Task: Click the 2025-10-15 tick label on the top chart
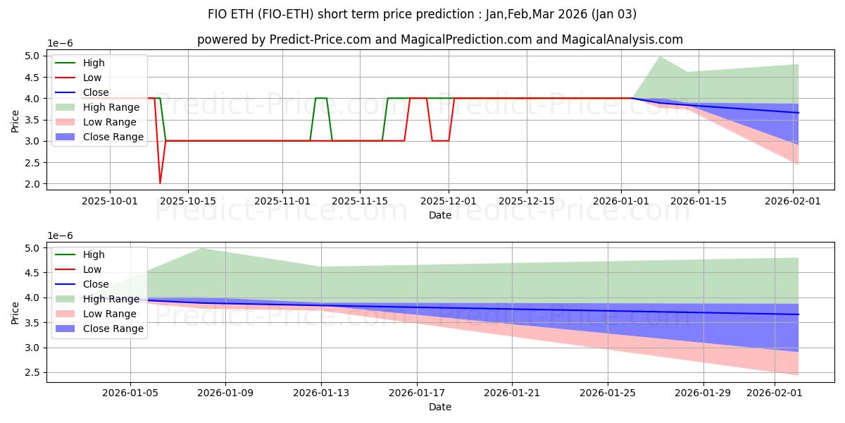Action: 188,202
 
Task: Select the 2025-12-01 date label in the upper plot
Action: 449,202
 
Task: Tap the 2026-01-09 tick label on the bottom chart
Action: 225,393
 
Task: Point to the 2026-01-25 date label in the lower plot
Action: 608,393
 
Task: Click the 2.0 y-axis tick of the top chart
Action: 32,184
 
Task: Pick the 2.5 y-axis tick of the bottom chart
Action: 32,373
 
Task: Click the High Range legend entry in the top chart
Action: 97,107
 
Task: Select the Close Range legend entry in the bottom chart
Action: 99,329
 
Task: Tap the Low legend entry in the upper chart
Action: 78,78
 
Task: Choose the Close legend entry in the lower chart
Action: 82,284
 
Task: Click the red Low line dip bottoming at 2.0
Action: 160,183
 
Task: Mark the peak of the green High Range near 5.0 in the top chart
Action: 659,56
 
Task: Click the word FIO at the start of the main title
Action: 218,14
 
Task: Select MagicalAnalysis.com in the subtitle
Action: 622,39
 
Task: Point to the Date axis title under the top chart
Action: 440,215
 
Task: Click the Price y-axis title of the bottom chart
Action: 15,313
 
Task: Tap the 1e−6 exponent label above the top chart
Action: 60,44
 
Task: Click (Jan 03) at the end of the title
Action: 614,14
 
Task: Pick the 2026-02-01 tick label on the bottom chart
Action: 775,393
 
